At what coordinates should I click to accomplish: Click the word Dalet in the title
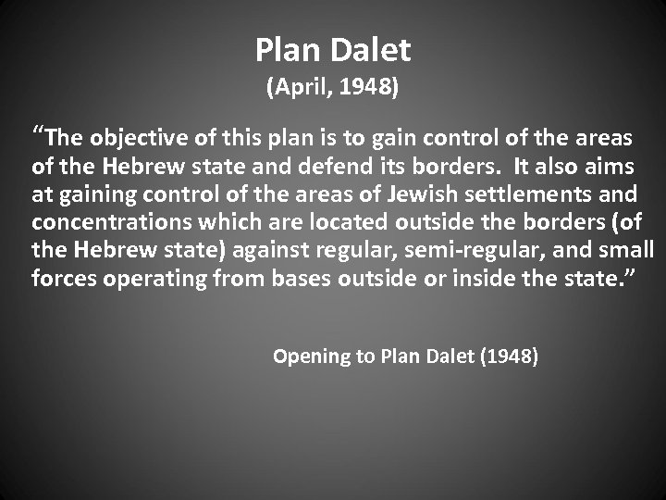(x=370, y=50)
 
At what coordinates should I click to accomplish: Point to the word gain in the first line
(x=355, y=140)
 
